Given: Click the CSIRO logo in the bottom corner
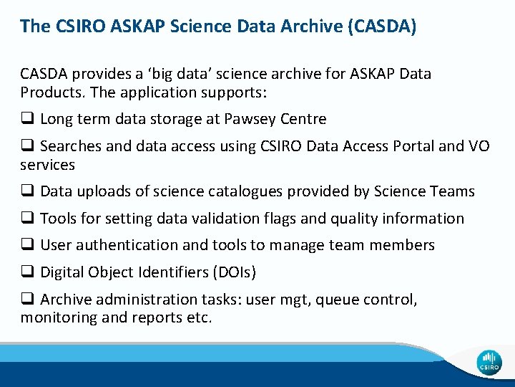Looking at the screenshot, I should (489, 363).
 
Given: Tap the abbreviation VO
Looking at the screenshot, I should (479, 146).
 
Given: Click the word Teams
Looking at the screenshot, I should (453, 191).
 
